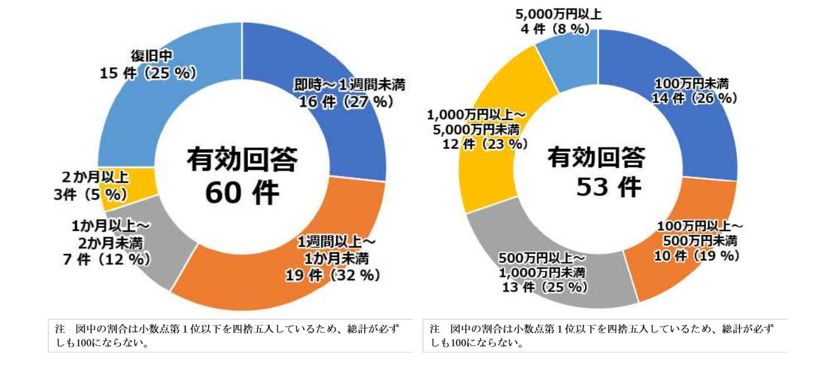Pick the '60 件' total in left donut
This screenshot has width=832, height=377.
pos(241,193)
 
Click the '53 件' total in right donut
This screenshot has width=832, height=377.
pos(608,187)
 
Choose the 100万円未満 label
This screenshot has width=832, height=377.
pos(691,84)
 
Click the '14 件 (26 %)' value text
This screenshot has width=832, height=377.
pos(695,98)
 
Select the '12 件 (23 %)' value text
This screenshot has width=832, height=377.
pos(486,144)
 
